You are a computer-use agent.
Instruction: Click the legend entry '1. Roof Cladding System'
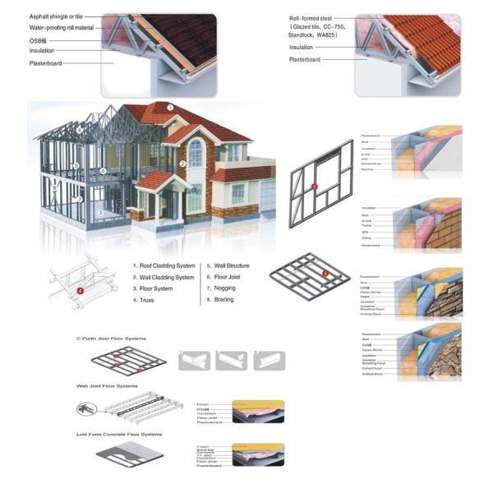[164, 266]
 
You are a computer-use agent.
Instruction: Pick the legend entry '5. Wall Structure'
[228, 266]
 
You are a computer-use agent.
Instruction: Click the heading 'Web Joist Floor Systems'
[108, 385]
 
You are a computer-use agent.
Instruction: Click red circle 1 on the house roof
[171, 107]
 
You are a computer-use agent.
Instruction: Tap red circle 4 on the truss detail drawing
[81, 290]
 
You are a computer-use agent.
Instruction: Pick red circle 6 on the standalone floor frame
[325, 273]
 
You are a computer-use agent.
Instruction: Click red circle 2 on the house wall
[182, 164]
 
